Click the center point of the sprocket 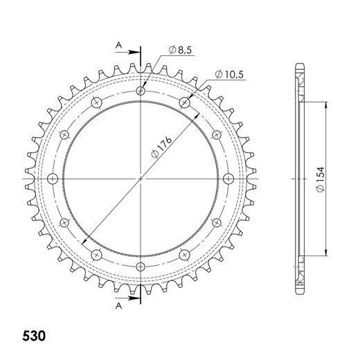(141, 179)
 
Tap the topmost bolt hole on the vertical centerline (141, 91)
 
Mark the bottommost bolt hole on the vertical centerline (141, 267)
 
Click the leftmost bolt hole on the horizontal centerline (53, 179)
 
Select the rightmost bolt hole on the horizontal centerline (229, 179)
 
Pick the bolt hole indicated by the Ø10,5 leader (185, 102)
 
